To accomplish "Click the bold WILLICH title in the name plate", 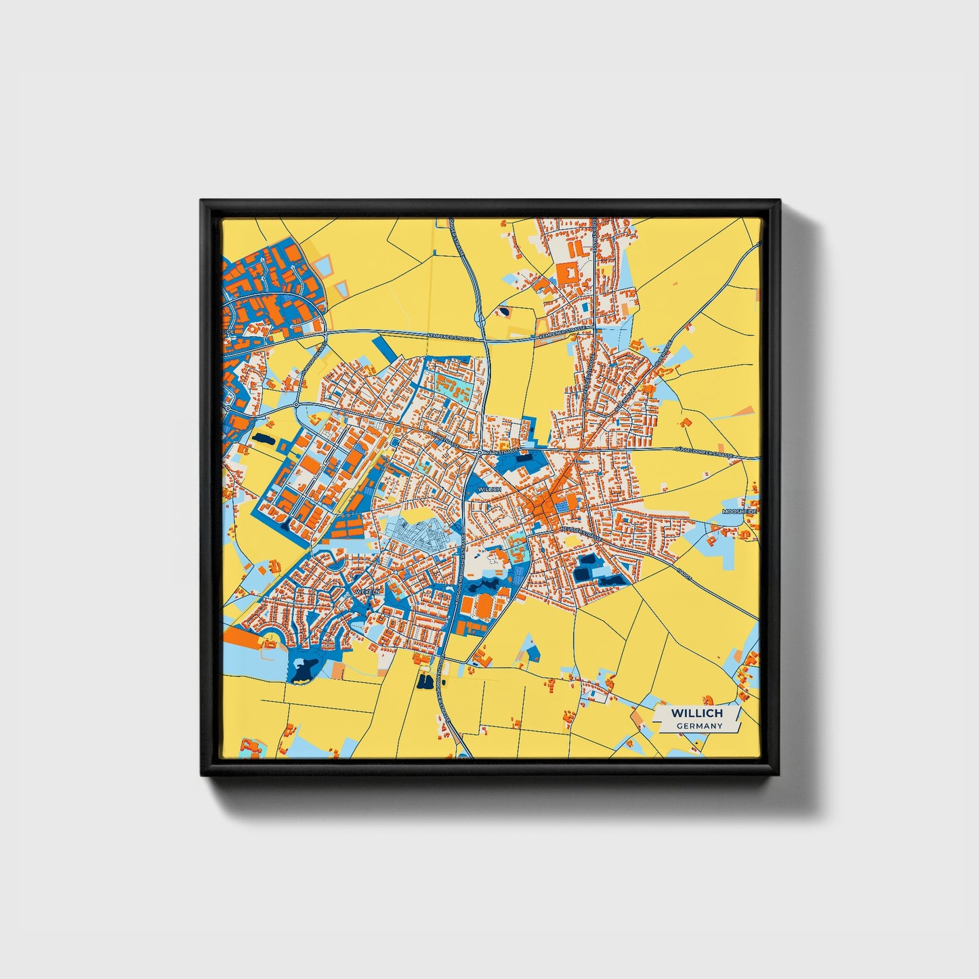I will [x=696, y=713].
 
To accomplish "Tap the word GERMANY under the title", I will [x=699, y=726].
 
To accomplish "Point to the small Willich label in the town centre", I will [x=489, y=488].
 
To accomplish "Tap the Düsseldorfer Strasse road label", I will [x=705, y=452].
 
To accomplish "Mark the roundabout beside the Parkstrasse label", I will [x=479, y=451].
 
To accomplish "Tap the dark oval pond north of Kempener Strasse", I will [x=504, y=312].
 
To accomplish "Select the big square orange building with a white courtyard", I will [x=566, y=274].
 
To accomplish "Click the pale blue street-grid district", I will [x=420, y=535].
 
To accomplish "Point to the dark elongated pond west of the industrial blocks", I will [x=262, y=438].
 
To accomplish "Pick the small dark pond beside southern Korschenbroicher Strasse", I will [x=425, y=680].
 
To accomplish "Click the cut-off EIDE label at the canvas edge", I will [x=228, y=331].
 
